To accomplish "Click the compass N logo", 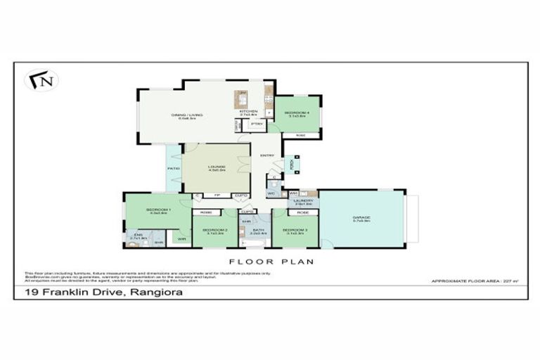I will (x=42, y=79).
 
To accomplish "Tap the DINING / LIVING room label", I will (x=184, y=115).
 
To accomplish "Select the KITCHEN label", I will (x=249, y=111).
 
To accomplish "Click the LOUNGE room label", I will (x=215, y=167).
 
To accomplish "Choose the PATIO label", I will (x=173, y=169).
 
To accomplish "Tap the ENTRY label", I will (x=267, y=155).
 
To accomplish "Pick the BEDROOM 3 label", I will (x=293, y=229).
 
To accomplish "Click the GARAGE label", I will (x=361, y=218).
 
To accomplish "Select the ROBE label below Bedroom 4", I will (x=300, y=135).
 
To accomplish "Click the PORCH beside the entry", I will (x=290, y=165).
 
